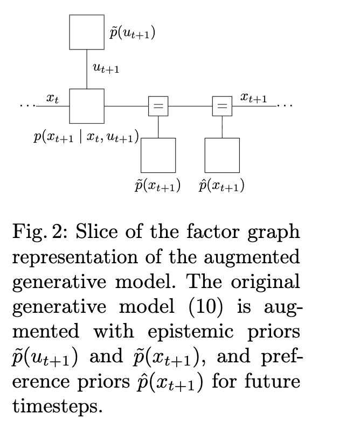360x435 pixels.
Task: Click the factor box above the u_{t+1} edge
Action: click(x=87, y=32)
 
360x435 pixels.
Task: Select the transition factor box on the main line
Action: click(x=87, y=106)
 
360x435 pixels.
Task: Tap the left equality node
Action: click(x=158, y=107)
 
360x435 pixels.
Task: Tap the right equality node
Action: click(x=222, y=107)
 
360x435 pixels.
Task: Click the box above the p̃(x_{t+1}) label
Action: click(x=158, y=155)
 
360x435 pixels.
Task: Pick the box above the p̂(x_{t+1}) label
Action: click(x=222, y=155)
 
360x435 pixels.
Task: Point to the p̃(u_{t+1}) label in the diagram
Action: click(x=132, y=33)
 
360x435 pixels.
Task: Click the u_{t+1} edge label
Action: click(x=106, y=68)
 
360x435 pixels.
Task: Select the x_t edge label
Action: click(x=52, y=98)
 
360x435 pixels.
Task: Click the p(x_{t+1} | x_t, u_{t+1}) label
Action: click(x=86, y=137)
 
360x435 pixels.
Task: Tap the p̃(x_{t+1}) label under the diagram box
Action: click(x=157, y=186)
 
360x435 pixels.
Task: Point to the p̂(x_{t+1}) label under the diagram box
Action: click(x=221, y=186)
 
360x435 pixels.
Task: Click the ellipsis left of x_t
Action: click(x=26, y=106)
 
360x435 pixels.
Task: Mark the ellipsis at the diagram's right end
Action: click(x=286, y=106)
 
